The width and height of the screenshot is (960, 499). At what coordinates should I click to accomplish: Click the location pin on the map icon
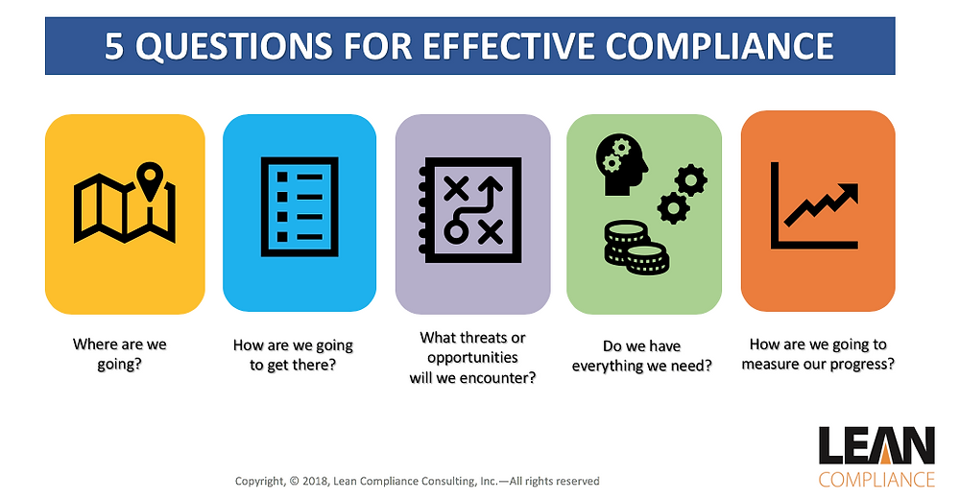148,180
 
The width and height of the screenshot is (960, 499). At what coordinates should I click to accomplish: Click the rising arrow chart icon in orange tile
815,206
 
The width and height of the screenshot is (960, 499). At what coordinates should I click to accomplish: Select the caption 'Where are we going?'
120,353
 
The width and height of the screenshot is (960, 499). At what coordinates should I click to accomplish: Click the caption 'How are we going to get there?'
293,354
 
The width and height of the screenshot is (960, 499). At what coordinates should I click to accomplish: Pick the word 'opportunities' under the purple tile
471,357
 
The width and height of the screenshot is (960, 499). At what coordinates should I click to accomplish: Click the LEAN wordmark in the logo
876,446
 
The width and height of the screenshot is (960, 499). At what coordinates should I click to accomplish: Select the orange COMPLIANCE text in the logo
876,478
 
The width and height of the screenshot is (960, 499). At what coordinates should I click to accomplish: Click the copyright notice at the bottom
418,481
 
